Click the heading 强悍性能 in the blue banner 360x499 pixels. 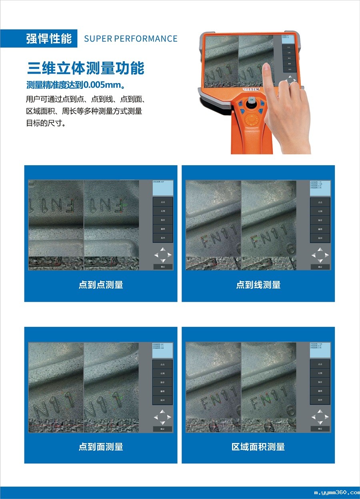tap(49, 39)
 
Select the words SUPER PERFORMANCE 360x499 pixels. tap(130, 39)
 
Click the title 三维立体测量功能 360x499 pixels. tap(86, 68)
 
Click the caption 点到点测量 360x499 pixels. tap(100, 285)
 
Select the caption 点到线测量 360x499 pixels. tap(258, 285)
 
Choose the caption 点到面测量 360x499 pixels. tap(100, 447)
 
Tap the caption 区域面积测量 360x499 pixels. tap(258, 447)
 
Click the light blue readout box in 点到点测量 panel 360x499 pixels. tap(163, 188)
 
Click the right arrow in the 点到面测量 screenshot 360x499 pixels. tap(170, 417)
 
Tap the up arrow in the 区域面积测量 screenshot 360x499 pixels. tap(320, 411)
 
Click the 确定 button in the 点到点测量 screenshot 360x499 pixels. tap(163, 267)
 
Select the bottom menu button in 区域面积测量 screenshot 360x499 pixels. tap(320, 400)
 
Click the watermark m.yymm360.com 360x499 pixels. tap(337, 493)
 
